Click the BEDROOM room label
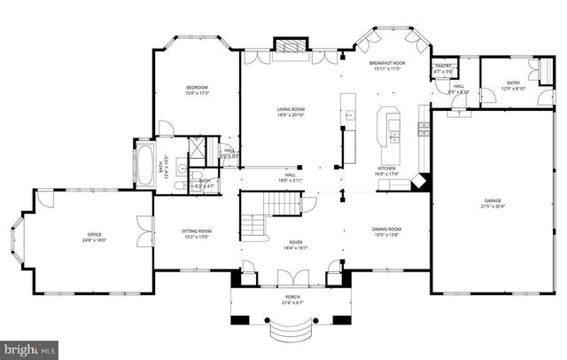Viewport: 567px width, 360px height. pos(196,87)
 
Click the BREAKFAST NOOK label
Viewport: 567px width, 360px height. pos(386,62)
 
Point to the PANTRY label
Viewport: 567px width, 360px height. pos(442,67)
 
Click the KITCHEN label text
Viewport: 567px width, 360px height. pos(386,168)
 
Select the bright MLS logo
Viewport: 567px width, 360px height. pos(29,348)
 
